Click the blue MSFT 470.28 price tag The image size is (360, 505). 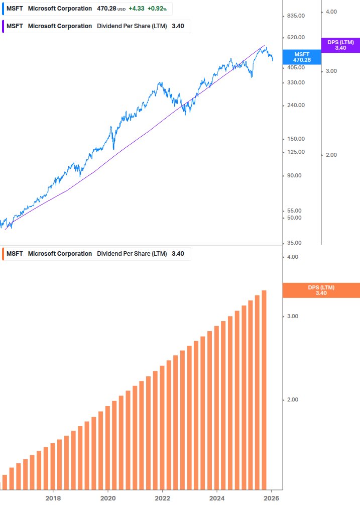pyautogui.click(x=302, y=57)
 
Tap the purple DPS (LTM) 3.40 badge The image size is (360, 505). pyautogui.click(x=340, y=45)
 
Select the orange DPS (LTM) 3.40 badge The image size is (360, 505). pyautogui.click(x=321, y=290)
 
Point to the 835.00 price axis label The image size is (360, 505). pyautogui.click(x=295, y=16)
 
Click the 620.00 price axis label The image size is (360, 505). pyautogui.click(x=295, y=38)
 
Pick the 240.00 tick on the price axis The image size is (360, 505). pyautogui.click(x=295, y=106)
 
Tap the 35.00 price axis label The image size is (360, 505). pyautogui.click(x=295, y=243)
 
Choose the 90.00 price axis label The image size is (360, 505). pyautogui.click(x=295, y=176)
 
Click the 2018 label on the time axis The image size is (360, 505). pyautogui.click(x=53, y=498)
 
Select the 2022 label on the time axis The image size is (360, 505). pyautogui.click(x=162, y=498)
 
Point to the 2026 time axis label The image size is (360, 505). pyautogui.click(x=271, y=498)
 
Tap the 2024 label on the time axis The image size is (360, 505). pyautogui.click(x=217, y=498)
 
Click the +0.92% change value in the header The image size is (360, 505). pyautogui.click(x=157, y=9)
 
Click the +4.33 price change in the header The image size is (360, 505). pyautogui.click(x=137, y=9)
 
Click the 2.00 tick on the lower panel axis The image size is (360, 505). pyautogui.click(x=292, y=400)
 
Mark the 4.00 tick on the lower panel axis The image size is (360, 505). pyautogui.click(x=292, y=257)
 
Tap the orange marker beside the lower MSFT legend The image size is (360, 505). pyautogui.click(x=3, y=254)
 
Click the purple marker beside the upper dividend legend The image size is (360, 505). pyautogui.click(x=3, y=26)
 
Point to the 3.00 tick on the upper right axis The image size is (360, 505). pyautogui.click(x=331, y=71)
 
